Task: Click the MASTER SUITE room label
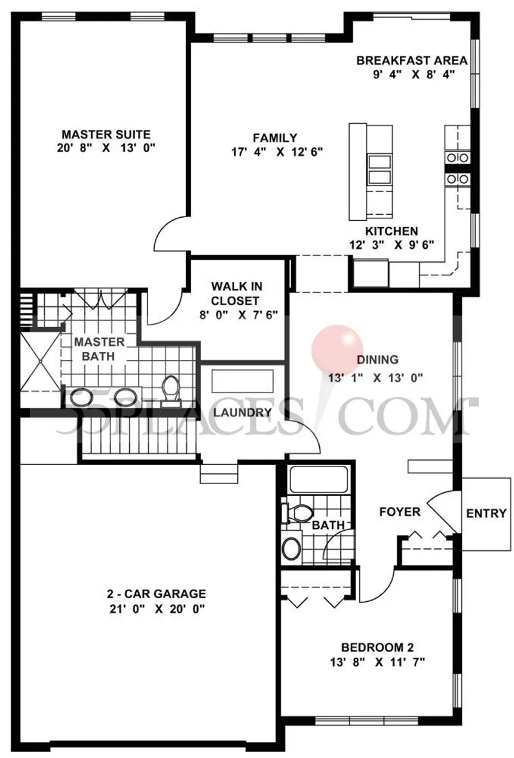point(106,134)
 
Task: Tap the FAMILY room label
point(274,138)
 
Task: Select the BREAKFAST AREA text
point(411,60)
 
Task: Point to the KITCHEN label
point(391,231)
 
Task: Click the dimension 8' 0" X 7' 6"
point(239,315)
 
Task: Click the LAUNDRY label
point(243,412)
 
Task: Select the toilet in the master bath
point(172,389)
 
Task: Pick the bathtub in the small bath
point(317,479)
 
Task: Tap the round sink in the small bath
point(292,549)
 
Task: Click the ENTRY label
point(486,513)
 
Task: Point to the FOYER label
point(400,512)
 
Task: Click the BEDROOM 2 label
point(377,647)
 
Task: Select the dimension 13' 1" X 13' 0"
point(376,378)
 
